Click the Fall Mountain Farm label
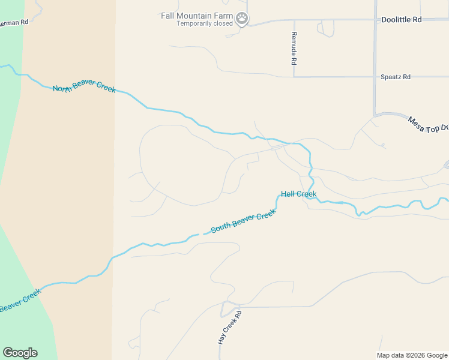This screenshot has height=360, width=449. tap(196, 16)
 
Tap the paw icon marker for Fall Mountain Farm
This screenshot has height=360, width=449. tap(241, 19)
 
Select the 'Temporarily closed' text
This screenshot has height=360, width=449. tap(204, 24)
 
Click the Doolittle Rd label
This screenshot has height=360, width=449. tap(402, 20)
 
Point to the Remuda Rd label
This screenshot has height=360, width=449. tap(294, 49)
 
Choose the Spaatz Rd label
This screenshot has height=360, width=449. tap(396, 77)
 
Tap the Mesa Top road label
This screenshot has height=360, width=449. tap(428, 124)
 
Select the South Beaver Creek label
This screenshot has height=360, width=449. tap(243, 222)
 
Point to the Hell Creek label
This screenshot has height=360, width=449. tap(298, 194)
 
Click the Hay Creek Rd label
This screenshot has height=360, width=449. tap(229, 327)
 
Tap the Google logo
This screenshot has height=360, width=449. tap(20, 353)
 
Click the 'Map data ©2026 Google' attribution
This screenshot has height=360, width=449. tap(412, 355)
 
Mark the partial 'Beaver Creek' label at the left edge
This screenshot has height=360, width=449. tap(20, 301)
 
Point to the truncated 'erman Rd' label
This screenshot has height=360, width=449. tap(14, 22)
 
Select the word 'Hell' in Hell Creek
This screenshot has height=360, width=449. tap(288, 194)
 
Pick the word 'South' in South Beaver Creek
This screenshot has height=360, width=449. tap(221, 228)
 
